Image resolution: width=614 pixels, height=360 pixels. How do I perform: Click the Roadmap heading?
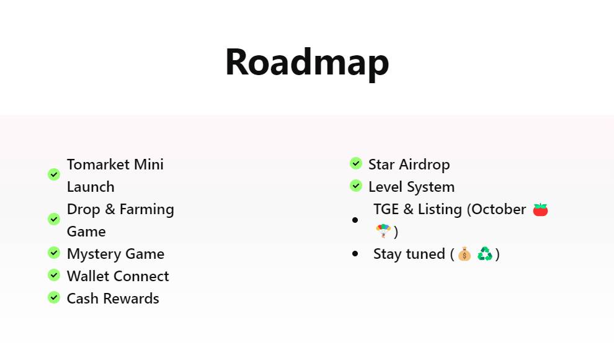point(307,62)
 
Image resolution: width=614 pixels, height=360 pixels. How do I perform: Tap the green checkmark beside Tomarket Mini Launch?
point(53,174)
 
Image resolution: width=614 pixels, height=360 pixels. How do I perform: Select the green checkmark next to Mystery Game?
point(53,253)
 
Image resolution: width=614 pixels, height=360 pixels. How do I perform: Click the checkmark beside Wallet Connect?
point(53,275)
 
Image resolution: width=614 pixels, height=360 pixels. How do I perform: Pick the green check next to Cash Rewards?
point(53,297)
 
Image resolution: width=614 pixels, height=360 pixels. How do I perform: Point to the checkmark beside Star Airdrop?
point(355,163)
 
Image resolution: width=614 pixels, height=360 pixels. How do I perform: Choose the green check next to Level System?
point(355,186)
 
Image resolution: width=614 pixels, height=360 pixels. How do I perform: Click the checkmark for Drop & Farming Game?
point(53,219)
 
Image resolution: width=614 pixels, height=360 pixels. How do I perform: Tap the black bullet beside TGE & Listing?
point(355,220)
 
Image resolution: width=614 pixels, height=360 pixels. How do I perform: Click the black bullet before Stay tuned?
point(355,254)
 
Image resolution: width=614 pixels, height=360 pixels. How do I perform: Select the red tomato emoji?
point(540,210)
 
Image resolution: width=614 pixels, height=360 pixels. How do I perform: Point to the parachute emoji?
point(383,231)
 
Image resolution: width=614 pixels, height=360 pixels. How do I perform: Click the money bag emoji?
point(465,254)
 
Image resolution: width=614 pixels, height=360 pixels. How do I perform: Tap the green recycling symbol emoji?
point(485,253)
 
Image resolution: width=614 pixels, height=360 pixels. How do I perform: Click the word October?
point(499,209)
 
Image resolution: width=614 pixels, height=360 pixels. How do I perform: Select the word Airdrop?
point(424,165)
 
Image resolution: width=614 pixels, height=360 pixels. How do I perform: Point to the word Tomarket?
point(98,164)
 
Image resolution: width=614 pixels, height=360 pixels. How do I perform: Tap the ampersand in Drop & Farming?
point(110,209)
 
